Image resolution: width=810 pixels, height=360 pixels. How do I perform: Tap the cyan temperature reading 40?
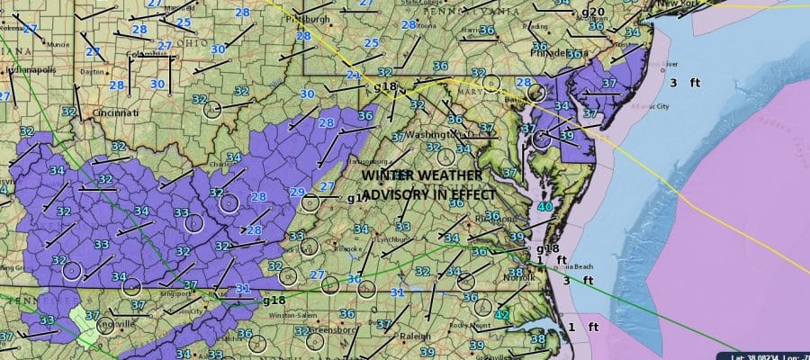544,207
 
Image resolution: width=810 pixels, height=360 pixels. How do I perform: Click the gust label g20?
593,12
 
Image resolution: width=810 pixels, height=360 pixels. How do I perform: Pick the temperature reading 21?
354,75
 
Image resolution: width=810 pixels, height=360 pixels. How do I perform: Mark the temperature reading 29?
297,191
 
